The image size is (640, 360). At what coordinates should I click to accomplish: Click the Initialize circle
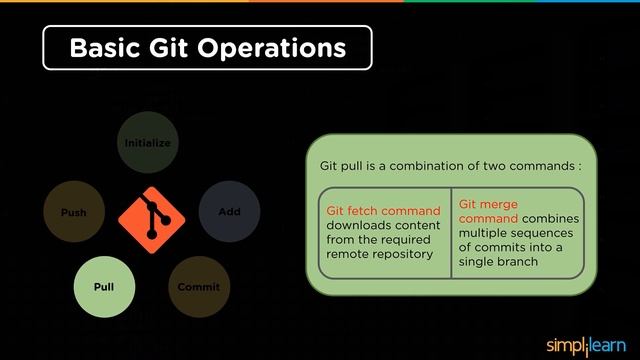[147, 143]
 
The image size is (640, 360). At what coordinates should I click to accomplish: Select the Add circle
[229, 212]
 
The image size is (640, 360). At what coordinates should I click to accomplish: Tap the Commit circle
[198, 287]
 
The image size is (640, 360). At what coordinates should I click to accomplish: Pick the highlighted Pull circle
[104, 287]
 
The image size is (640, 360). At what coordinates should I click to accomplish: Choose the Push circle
[73, 212]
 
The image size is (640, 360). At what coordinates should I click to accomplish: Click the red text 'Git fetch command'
[383, 211]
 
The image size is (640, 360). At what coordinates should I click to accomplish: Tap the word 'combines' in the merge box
[550, 218]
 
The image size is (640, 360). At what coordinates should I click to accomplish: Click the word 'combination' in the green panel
[416, 164]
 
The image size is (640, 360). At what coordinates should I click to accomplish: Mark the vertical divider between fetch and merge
[451, 232]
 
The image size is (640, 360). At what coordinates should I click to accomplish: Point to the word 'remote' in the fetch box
[348, 253]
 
